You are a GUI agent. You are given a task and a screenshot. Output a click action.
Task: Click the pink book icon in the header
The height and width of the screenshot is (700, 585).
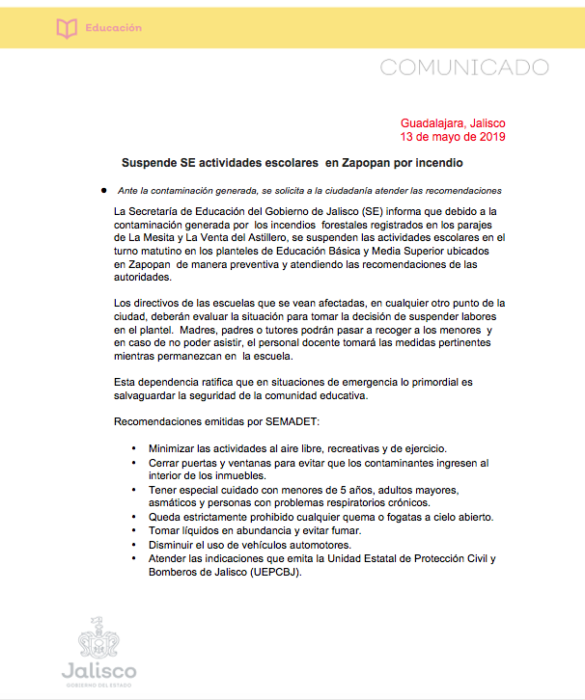(x=66, y=29)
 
